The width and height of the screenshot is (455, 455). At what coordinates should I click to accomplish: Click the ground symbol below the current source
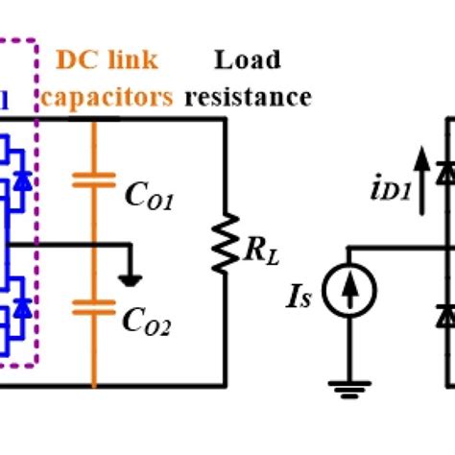click(347, 388)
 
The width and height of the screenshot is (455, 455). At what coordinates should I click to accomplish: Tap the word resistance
click(249, 97)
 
